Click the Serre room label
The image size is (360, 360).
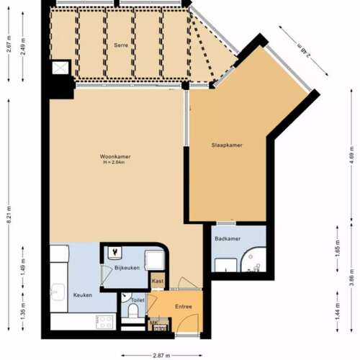[121, 45]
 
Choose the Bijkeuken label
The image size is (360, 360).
[127, 268]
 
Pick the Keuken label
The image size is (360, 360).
[82, 295]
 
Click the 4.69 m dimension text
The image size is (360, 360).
[351, 159]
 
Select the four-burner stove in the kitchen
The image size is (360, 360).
[105, 321]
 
